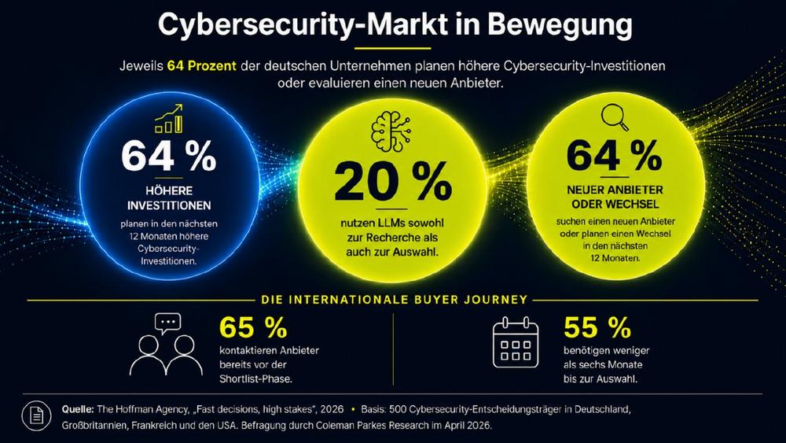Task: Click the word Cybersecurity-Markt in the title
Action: click(303, 26)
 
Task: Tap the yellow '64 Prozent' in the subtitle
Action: click(201, 66)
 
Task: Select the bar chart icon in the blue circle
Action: click(169, 118)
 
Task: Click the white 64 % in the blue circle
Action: click(168, 156)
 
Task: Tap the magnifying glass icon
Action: click(615, 117)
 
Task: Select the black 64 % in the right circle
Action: click(614, 156)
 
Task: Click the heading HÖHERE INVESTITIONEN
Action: click(169, 198)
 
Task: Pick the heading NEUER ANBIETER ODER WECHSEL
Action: click(615, 198)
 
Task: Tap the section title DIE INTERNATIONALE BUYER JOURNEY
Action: click(395, 300)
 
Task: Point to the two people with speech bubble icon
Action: click(167, 344)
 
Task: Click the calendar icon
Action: click(516, 341)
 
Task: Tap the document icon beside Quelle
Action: click(37, 415)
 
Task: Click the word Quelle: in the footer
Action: click(78, 409)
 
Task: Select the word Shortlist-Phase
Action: click(255, 378)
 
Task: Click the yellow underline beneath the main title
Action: click(392, 49)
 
